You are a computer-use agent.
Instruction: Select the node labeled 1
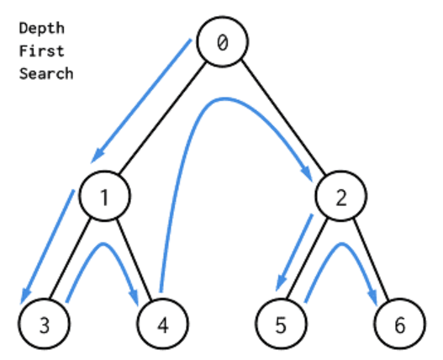pyautogui.click(x=105, y=199)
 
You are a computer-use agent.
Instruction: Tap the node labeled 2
pyautogui.click(x=340, y=199)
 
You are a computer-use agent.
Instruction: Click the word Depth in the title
pyautogui.click(x=41, y=29)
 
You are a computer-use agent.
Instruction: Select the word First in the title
pyautogui.click(x=41, y=50)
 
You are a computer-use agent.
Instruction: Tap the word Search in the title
pyautogui.click(x=45, y=73)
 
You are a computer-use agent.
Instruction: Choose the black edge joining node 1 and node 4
pyautogui.click(x=134, y=261)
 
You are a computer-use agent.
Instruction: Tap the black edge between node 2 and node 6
pyautogui.click(x=371, y=261)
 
